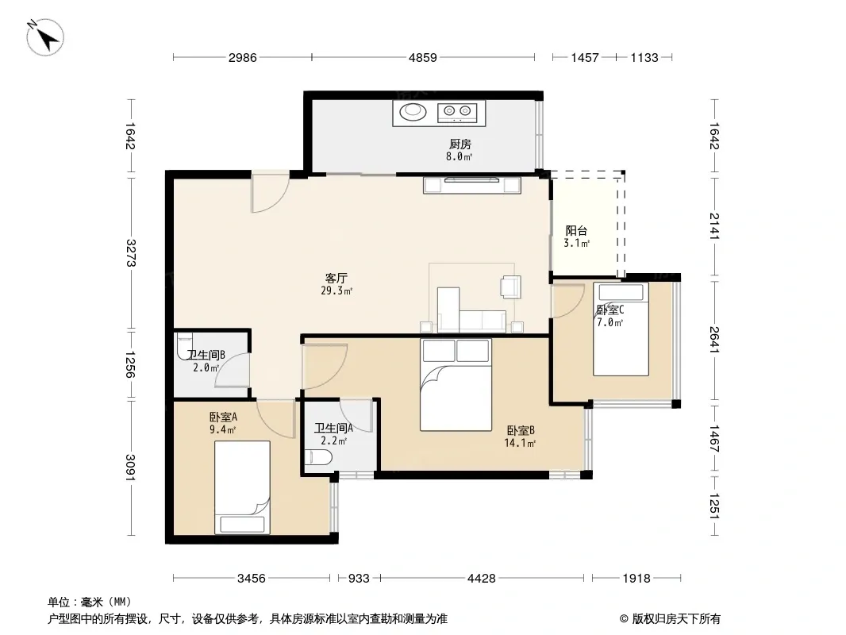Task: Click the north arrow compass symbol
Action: pos(45,37)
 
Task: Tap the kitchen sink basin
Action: pos(413,112)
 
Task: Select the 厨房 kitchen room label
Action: pos(460,144)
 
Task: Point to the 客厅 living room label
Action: pos(336,279)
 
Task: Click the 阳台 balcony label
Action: pos(576,231)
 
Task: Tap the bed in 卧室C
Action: pos(621,329)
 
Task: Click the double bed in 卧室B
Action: pos(456,385)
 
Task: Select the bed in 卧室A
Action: pos(242,487)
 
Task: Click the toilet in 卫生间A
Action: pos(318,458)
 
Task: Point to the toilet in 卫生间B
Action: pos(185,346)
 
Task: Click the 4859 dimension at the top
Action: pos(422,57)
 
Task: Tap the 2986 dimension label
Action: pos(242,57)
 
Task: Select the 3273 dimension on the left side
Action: pos(131,252)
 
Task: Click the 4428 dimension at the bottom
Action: pos(481,579)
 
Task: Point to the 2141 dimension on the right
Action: pos(714,226)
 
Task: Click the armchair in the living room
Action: pos(510,287)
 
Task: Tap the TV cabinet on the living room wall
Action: pos(472,185)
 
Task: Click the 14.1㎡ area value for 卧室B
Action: pos(520,444)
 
